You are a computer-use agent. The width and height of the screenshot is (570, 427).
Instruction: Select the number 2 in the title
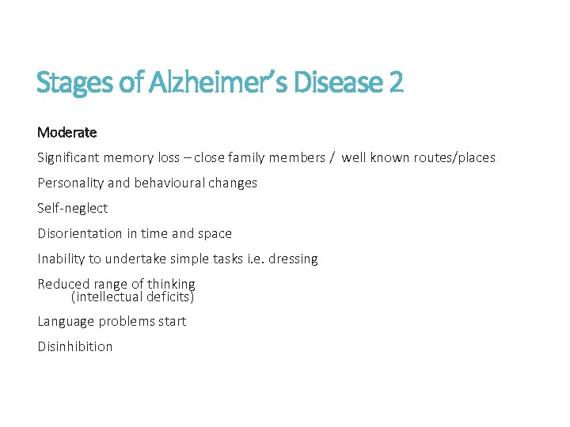(x=396, y=81)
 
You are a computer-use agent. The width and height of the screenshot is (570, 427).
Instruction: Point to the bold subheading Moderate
(x=67, y=132)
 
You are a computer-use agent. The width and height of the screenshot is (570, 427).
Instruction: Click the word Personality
(x=70, y=183)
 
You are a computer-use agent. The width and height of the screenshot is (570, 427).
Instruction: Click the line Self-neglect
(x=73, y=208)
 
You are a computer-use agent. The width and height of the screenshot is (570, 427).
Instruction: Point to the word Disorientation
(x=79, y=233)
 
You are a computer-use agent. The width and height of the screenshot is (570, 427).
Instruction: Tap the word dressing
(x=293, y=259)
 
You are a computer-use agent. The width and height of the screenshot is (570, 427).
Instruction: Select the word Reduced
(x=63, y=284)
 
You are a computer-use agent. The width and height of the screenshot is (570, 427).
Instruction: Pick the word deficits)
(x=169, y=297)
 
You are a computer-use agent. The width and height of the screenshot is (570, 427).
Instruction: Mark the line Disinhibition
(x=75, y=346)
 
